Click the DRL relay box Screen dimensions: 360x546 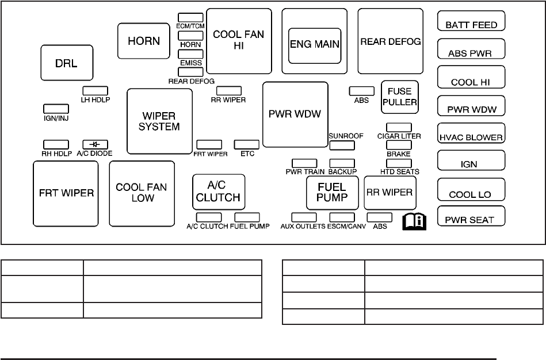coord(67,63)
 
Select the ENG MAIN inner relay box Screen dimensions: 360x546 coord(314,44)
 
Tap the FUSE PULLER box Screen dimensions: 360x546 coord(399,97)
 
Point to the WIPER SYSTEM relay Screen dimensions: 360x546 coord(159,121)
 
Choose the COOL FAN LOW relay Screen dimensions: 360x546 coord(142,193)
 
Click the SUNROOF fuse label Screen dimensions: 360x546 coord(346,136)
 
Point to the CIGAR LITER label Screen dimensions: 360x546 coord(399,136)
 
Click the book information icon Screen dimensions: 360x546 coord(415,220)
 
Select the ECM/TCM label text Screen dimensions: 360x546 coord(190,26)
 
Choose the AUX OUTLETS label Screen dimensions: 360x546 coord(303,227)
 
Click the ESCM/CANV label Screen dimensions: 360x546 coord(346,227)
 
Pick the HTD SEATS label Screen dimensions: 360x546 coord(399,171)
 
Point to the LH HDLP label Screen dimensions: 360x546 coord(96,99)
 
